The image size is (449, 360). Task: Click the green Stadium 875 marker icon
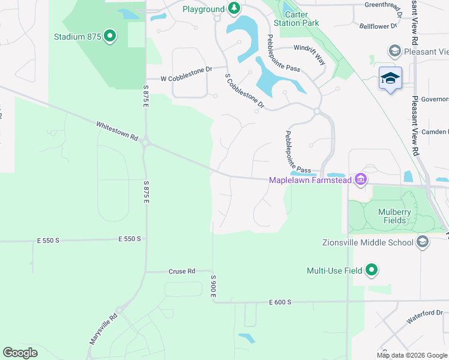(109, 37)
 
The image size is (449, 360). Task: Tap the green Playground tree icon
(234, 8)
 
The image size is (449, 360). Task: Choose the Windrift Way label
(310, 47)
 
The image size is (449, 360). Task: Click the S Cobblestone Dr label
(244, 91)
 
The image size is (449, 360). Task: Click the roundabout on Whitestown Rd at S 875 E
(145, 143)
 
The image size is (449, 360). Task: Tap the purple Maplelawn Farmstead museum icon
(360, 179)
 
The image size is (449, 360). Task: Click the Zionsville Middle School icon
(422, 242)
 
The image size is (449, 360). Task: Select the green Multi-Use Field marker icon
(372, 271)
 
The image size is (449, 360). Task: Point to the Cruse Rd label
(182, 271)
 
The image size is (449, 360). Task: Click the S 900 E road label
(212, 286)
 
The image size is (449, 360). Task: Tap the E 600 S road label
(280, 302)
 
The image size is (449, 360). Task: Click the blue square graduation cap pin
(390, 78)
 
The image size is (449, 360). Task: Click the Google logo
(20, 353)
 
